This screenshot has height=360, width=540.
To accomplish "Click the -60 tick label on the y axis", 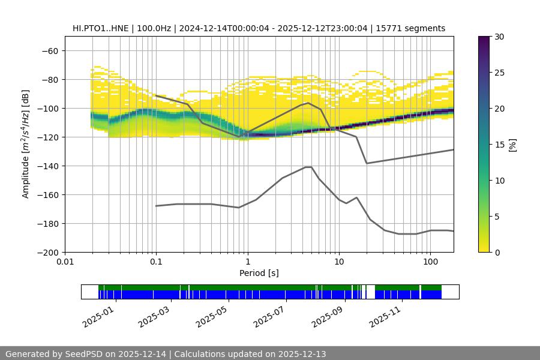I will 49,50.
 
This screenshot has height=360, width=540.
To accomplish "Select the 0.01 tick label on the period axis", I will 65,262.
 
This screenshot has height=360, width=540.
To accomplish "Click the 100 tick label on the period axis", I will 430,262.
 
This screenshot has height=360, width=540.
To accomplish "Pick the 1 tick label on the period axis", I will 248,262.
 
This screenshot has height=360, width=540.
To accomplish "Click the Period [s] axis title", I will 259,273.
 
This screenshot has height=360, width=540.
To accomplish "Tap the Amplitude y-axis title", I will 25,144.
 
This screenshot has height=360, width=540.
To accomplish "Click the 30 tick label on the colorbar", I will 499,37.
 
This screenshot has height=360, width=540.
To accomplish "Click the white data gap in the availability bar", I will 370,292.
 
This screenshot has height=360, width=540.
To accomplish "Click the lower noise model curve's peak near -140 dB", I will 308,167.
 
